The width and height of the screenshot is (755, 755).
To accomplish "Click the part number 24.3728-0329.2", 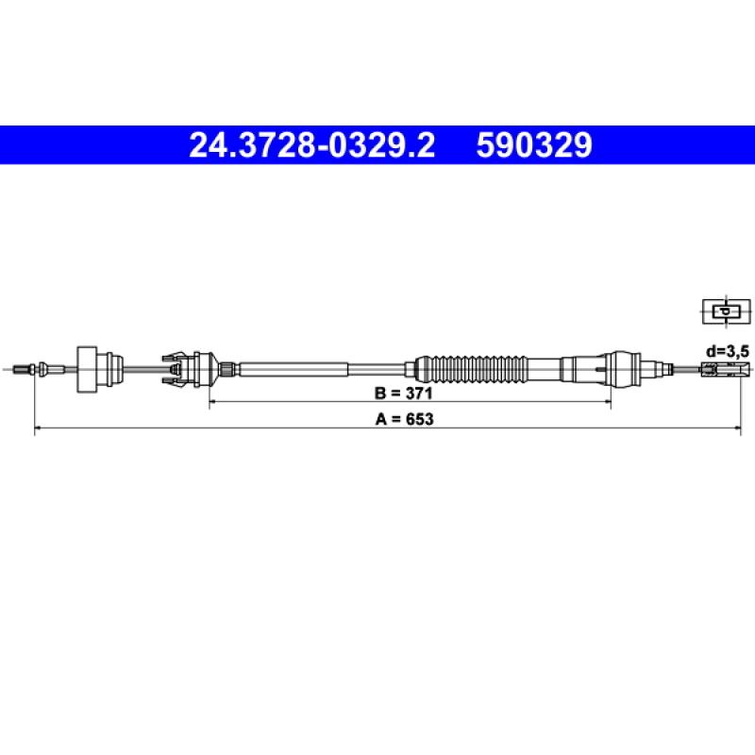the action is coord(312,145).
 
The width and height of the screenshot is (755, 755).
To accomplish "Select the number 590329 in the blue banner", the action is coord(534,145).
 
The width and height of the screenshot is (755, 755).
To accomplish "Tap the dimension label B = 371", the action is coord(404,394).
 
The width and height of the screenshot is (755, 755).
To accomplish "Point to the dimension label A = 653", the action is coord(405,419).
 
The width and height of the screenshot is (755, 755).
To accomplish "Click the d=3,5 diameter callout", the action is coord(728,352).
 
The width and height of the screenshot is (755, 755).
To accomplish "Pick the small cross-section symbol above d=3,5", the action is coord(727,311).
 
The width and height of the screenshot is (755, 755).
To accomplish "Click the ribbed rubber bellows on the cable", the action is coord(472,370).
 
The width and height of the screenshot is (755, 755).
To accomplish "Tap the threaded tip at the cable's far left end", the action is coord(22,370).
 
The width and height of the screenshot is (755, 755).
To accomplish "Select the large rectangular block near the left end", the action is coord(87,369).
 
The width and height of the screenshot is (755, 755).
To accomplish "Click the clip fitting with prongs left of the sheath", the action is coord(180,370).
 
